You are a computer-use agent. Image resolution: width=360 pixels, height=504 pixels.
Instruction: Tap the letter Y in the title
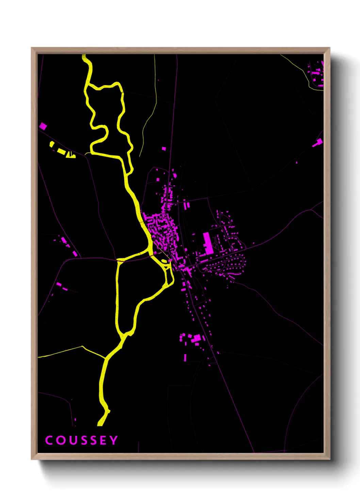pos(114,440)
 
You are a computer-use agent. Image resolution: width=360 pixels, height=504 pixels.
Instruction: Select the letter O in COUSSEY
pos(61,440)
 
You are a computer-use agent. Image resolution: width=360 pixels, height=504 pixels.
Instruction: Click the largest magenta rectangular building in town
pos(208,243)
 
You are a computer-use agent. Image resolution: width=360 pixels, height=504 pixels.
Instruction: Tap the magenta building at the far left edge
pos(43,126)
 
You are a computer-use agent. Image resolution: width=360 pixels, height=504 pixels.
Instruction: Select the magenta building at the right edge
pos(318,142)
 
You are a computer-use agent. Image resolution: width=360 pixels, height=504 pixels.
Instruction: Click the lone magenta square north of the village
pos(164,148)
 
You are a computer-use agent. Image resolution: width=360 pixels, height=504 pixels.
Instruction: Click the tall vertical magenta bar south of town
pos(185,358)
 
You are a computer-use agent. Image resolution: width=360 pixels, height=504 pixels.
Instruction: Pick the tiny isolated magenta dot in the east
pos(296,163)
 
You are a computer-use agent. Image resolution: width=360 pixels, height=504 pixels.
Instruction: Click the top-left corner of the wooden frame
pos(32,48)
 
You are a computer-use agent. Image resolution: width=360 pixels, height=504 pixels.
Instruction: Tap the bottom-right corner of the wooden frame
pos(329,459)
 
